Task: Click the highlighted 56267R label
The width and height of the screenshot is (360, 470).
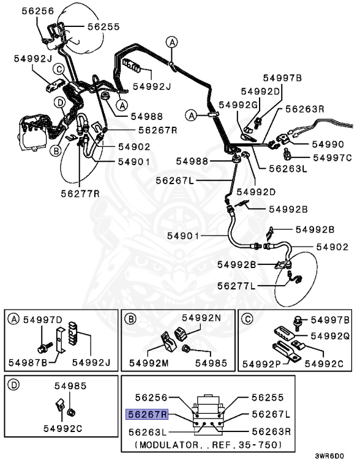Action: (147, 414)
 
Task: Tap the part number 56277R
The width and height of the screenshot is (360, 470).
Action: (80, 193)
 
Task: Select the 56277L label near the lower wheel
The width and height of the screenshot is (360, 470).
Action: (236, 286)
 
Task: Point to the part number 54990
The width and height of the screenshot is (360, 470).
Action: (328, 144)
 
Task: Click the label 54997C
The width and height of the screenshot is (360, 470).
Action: (332, 158)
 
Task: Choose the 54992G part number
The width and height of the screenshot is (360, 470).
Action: (238, 105)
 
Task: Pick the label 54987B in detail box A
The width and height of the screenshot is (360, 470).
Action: (28, 363)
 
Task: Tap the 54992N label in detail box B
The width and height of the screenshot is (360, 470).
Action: (201, 318)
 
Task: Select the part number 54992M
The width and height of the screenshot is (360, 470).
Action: (149, 364)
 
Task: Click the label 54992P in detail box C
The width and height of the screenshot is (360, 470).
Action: (261, 364)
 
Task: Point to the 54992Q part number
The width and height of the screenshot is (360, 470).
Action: (330, 336)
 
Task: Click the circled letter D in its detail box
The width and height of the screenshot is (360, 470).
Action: (13, 385)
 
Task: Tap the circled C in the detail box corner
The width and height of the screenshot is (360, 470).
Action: (247, 319)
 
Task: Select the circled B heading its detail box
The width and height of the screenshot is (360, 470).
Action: (130, 319)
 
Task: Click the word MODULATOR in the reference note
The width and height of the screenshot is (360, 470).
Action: (169, 444)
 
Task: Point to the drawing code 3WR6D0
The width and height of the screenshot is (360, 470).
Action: (329, 456)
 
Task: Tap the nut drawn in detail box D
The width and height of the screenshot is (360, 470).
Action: (72, 412)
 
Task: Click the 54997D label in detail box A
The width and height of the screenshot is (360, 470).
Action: (43, 320)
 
